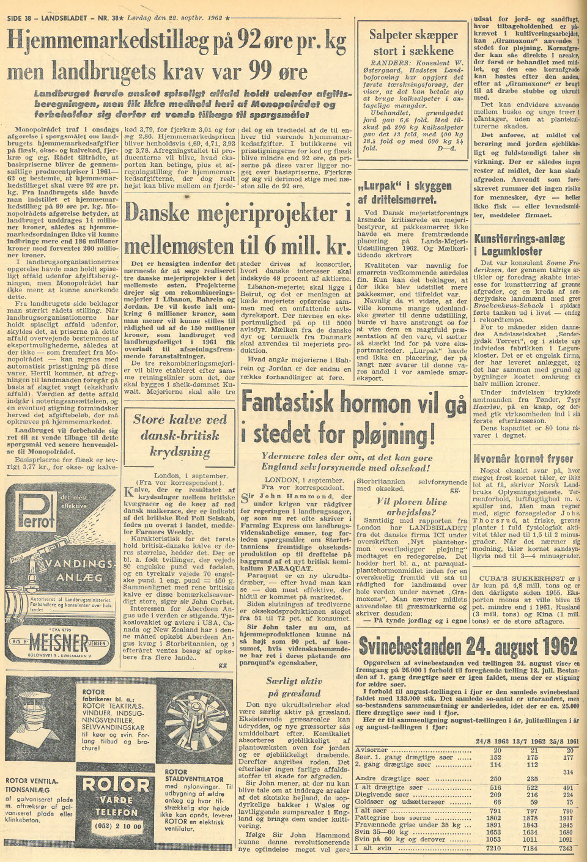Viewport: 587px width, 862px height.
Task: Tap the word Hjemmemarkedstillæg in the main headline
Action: (104, 40)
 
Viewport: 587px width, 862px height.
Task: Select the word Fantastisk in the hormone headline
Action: (295, 402)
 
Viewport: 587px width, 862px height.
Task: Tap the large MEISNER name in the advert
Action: (58, 641)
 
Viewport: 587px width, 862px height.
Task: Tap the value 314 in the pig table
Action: (567, 772)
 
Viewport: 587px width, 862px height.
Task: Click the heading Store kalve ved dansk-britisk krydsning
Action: (180, 435)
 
